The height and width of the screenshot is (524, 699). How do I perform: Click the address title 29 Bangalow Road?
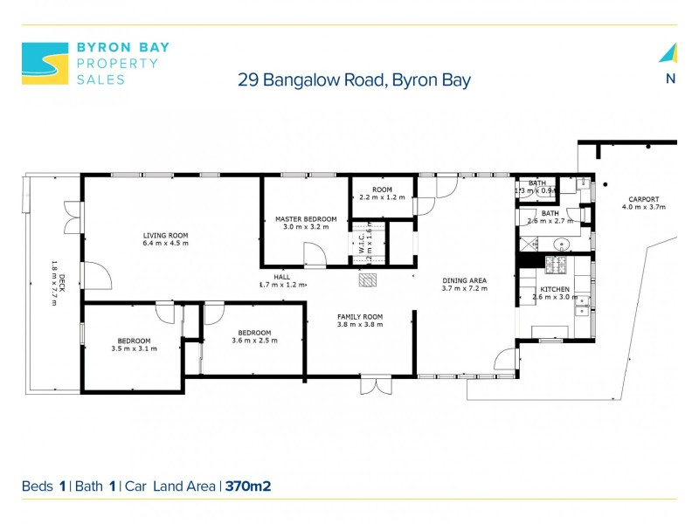click(x=354, y=80)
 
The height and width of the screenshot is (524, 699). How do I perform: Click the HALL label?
click(x=283, y=279)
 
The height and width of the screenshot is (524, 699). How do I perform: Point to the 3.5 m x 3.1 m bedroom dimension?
click(x=134, y=348)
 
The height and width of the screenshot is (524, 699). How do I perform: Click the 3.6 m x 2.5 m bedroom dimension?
click(x=254, y=341)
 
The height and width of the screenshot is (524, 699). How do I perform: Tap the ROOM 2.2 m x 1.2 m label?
click(x=383, y=193)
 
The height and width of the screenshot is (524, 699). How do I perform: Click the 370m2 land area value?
click(x=248, y=486)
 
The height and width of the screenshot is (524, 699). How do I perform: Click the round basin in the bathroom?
click(x=562, y=245)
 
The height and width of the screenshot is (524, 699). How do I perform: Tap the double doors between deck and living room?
click(x=73, y=218)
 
